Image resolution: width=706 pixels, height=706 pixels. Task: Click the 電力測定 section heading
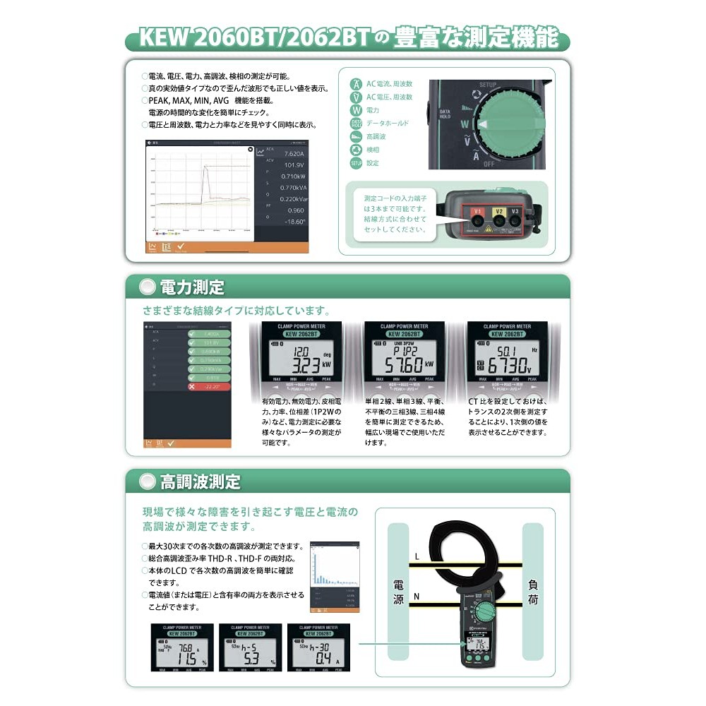[191, 287]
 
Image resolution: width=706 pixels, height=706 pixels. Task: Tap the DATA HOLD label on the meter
[445, 115]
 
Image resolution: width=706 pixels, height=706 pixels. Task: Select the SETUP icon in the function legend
[357, 163]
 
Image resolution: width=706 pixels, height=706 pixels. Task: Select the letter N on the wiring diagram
[417, 597]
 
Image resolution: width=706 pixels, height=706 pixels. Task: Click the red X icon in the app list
[192, 388]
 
